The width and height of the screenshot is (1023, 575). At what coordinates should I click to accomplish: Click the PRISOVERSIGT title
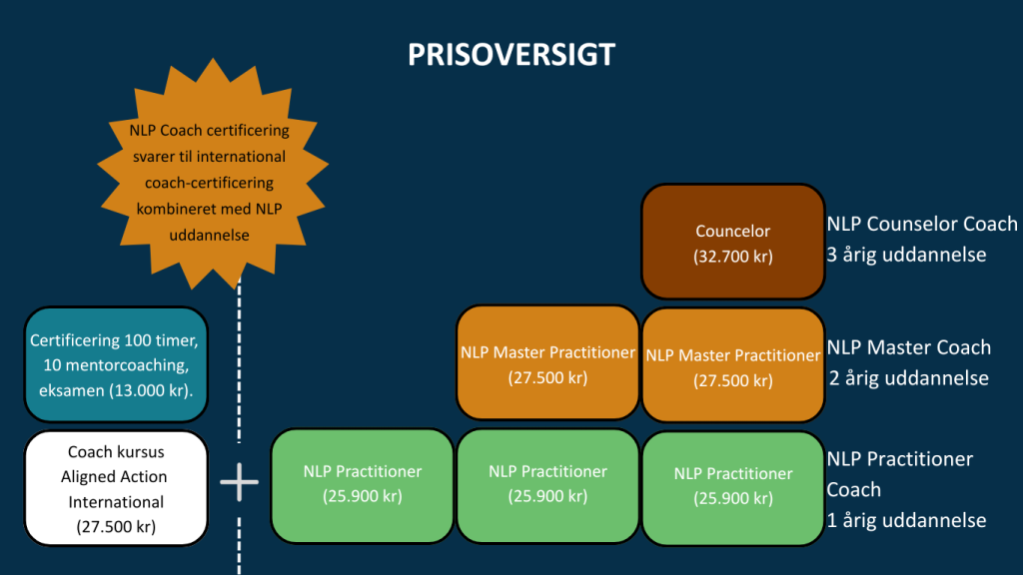[x=511, y=54]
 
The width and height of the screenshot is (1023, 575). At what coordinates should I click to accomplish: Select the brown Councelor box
[x=732, y=243]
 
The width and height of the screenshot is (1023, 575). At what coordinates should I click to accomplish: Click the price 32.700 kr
[x=732, y=256]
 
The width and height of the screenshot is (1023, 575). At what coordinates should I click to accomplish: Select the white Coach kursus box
[x=116, y=488]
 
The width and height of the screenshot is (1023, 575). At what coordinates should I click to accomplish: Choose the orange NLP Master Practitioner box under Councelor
[x=732, y=366]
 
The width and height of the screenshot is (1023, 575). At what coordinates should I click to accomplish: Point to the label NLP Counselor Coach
[x=921, y=224]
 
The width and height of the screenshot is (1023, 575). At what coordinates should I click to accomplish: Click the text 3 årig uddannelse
[x=906, y=255]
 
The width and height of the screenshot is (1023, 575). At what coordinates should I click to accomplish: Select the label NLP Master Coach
[x=908, y=347]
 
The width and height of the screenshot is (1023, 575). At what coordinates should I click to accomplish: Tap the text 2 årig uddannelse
[x=907, y=378]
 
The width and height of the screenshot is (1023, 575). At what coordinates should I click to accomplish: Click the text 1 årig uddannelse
[x=906, y=520]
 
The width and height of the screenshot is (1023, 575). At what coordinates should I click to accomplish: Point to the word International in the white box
[x=116, y=501]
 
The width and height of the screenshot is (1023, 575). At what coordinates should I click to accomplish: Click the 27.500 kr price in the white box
[x=116, y=527]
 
